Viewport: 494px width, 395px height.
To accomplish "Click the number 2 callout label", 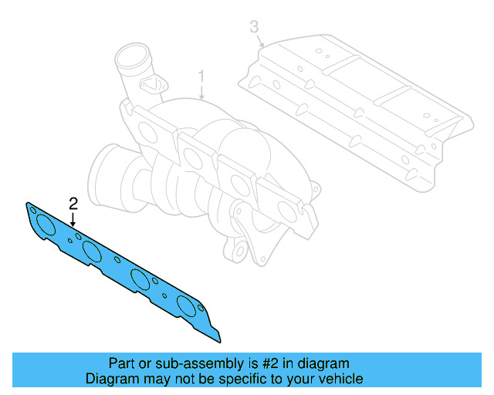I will click(x=73, y=204).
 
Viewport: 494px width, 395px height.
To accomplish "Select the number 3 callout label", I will click(x=254, y=28).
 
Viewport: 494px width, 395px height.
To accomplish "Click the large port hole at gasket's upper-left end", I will click(x=46, y=225).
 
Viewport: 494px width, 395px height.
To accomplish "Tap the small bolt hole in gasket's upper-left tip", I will click(x=32, y=208).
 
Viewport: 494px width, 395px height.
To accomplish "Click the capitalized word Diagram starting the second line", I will click(x=110, y=379).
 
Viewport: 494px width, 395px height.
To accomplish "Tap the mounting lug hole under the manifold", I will click(x=240, y=251).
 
